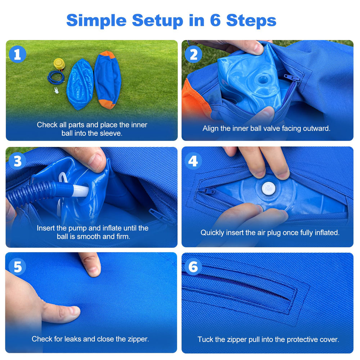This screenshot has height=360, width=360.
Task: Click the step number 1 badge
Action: click(17, 54)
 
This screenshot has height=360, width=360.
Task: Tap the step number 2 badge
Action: click(193, 54)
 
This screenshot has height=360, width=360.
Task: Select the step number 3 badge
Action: click(17, 161)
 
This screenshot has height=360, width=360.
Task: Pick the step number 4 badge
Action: click(193, 161)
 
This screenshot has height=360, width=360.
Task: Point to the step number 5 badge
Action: click(17, 266)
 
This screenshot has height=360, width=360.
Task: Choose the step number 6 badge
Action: click(193, 266)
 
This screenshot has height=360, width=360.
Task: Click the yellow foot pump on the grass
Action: click(59, 64)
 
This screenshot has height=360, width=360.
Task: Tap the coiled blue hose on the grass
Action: click(56, 78)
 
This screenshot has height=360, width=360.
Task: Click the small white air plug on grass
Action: click(56, 90)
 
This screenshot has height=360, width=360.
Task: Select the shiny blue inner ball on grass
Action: click(80, 84)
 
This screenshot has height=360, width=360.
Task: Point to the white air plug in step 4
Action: click(269, 189)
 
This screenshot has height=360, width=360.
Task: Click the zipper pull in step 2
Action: click(292, 78)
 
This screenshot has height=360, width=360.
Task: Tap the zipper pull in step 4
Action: click(207, 190)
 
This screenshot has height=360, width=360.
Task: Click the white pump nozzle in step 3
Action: click(80, 190)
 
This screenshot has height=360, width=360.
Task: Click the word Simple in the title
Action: click(96, 21)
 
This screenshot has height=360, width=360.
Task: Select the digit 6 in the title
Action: click(215, 20)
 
